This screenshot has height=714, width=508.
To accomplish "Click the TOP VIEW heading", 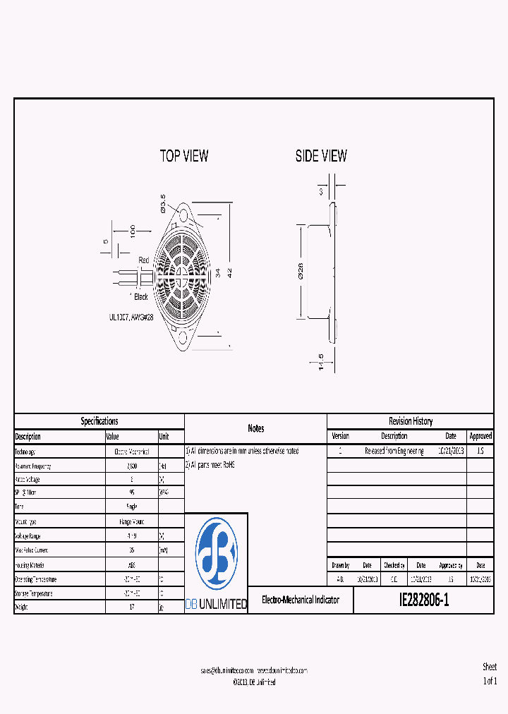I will pyautogui.click(x=184, y=156).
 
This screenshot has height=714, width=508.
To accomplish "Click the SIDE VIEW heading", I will pyautogui.click(x=321, y=156).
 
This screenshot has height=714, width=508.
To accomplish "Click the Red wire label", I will pyautogui.click(x=144, y=260).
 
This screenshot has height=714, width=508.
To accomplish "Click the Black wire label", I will pyautogui.click(x=141, y=297).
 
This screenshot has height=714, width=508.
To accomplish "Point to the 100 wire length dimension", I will pyautogui.click(x=131, y=232).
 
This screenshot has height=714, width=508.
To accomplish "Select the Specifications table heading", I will pyautogui.click(x=99, y=421).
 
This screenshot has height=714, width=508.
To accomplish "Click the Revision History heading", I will pyautogui.click(x=411, y=421).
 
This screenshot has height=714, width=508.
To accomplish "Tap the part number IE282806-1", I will pyautogui.click(x=423, y=600).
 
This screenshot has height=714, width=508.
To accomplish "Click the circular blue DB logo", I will pyautogui.click(x=216, y=554).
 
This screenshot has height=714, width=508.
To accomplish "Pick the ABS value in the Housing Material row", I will pyautogui.click(x=132, y=564).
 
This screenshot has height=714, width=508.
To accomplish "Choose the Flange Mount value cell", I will pyautogui.click(x=132, y=522).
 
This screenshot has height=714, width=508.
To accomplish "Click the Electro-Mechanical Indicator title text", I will pyautogui.click(x=301, y=600).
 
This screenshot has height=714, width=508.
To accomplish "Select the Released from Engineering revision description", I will pyautogui.click(x=394, y=451).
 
